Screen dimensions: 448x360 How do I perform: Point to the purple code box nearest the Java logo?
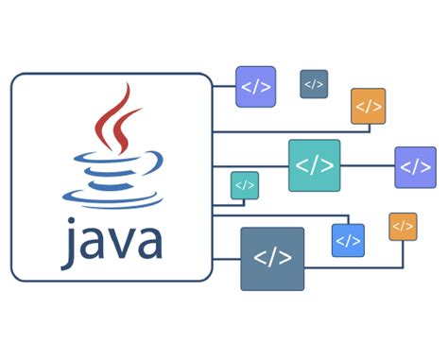tap(255, 86)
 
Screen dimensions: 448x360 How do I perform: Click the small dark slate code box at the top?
tap(314, 84)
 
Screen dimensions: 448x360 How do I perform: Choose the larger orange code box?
tap(368, 106)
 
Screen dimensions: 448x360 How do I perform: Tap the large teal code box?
tap(314, 165)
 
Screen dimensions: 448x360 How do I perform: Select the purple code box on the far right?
tap(415, 167)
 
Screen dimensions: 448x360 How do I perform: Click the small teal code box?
tap(245, 185)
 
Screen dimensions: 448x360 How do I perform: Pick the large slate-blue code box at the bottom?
tap(272, 258)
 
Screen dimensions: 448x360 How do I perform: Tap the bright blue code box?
tap(348, 240)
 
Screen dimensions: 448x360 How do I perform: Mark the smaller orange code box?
tap(403, 226)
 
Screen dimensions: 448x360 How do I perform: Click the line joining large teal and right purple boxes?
tap(367, 166)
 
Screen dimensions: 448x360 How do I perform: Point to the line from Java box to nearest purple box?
tap(224, 86)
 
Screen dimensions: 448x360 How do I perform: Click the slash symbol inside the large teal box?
tap(314, 165)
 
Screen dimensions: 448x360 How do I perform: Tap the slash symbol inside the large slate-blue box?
tap(272, 258)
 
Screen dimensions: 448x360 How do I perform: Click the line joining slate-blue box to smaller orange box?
tap(359, 266)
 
